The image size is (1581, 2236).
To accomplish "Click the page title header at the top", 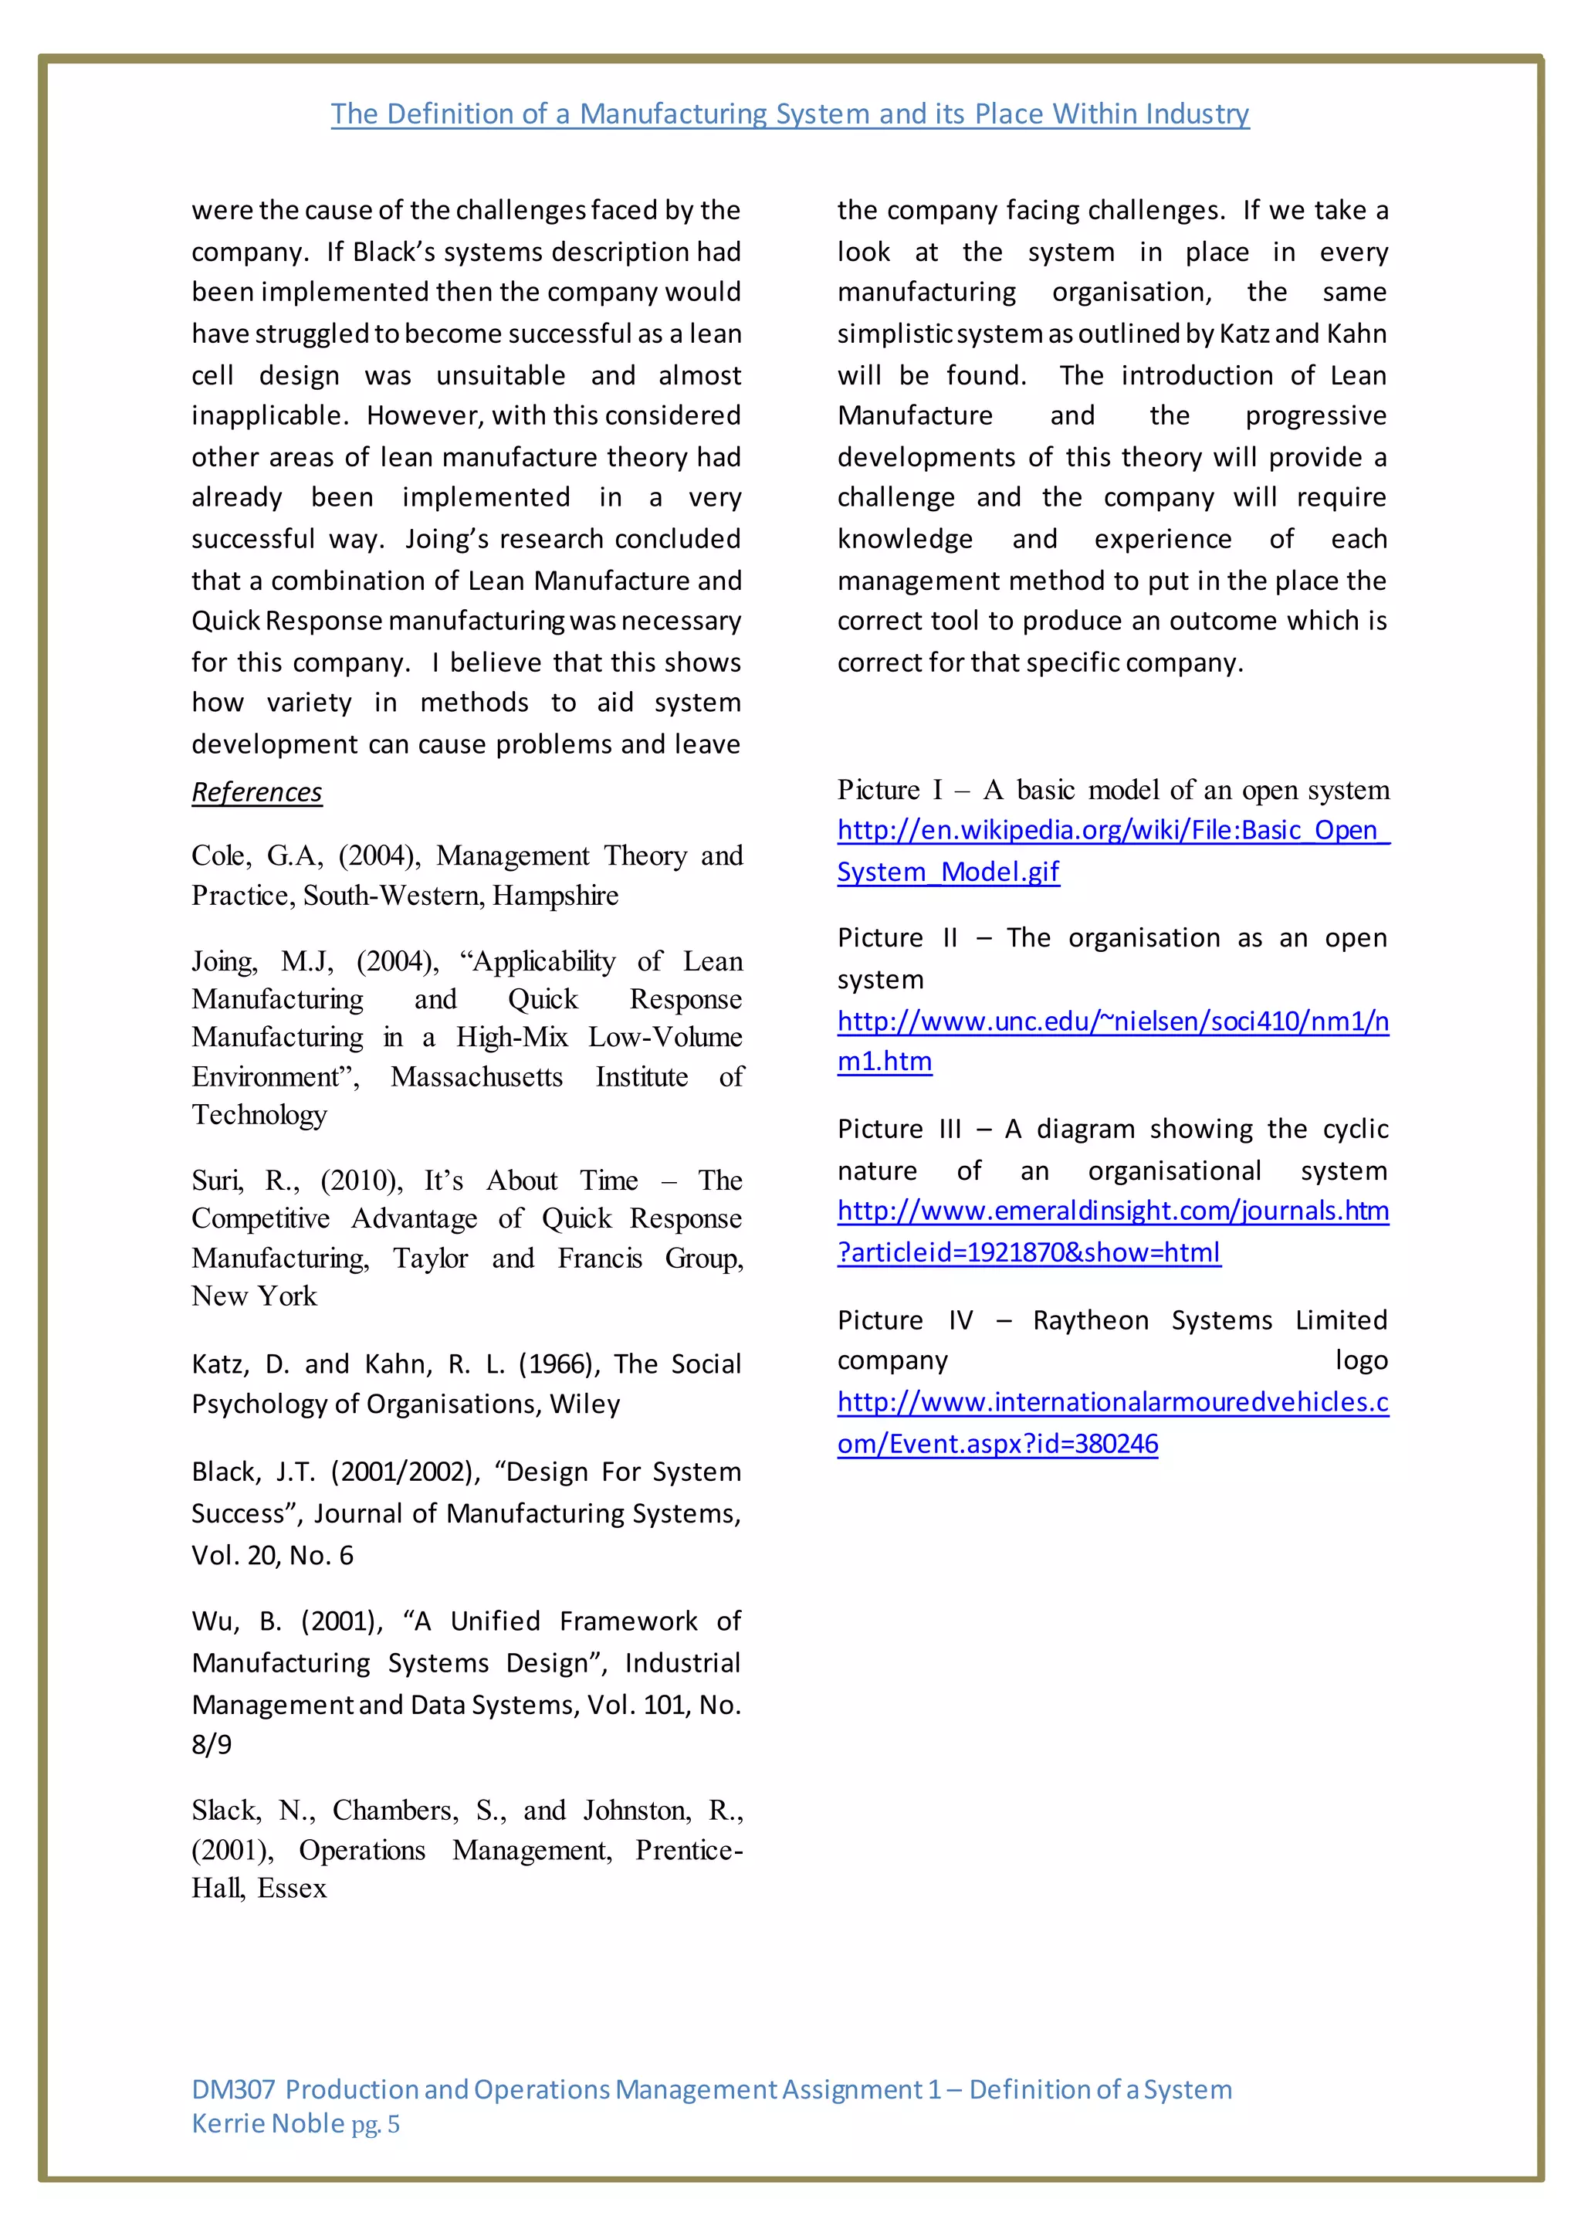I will pyautogui.click(x=790, y=114).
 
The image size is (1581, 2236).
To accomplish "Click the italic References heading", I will pyautogui.click(x=256, y=791).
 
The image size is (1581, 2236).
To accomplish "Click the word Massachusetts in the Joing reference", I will pyautogui.click(x=476, y=1077).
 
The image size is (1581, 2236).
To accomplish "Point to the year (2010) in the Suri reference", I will pyautogui.click(x=361, y=1181).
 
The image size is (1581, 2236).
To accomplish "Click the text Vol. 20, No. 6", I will pyautogui.click(x=272, y=1555).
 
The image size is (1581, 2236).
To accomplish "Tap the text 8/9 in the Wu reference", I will pyautogui.click(x=212, y=1744).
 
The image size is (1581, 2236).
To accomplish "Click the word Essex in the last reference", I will pyautogui.click(x=292, y=1889).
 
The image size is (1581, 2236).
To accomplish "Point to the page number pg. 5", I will pyautogui.click(x=376, y=2125).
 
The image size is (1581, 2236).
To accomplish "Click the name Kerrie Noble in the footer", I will pyautogui.click(x=268, y=2124).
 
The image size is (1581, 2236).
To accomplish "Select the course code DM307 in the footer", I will pyautogui.click(x=234, y=2090).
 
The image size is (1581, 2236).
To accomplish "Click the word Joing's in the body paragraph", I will pyautogui.click(x=449, y=540).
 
